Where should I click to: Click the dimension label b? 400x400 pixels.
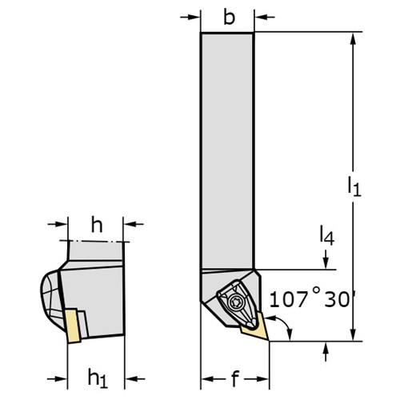tap(229, 18)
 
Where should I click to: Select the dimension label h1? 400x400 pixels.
tap(98, 378)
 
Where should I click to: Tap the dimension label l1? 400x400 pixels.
tap(354, 186)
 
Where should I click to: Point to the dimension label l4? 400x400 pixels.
tap(327, 235)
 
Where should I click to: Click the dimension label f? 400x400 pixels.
tap(234, 379)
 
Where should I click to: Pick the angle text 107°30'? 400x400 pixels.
tap(310, 299)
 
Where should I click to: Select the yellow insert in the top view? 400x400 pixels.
tap(254, 327)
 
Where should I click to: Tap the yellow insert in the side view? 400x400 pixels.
tap(73, 326)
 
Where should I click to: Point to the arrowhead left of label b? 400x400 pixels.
tap(194, 18)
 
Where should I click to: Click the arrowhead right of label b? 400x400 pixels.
tap(261, 18)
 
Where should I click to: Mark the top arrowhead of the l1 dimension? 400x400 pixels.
tap(354, 39)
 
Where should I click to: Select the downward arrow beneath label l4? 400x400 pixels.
tap(326, 259)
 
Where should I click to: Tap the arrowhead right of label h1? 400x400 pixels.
tap(131, 378)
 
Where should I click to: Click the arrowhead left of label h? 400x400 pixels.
tap(62, 224)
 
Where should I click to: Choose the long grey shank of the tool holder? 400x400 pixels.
tap(227, 150)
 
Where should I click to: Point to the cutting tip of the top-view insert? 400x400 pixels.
tap(268, 340)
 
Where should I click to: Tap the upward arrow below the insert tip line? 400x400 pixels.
tap(326, 351)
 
